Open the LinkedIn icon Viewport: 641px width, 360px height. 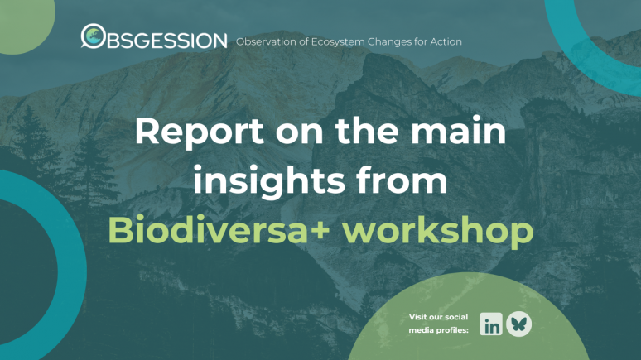[491, 324]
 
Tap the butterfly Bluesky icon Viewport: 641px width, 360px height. [519, 324]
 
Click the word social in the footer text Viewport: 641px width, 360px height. [455, 317]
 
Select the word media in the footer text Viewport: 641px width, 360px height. [422, 330]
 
